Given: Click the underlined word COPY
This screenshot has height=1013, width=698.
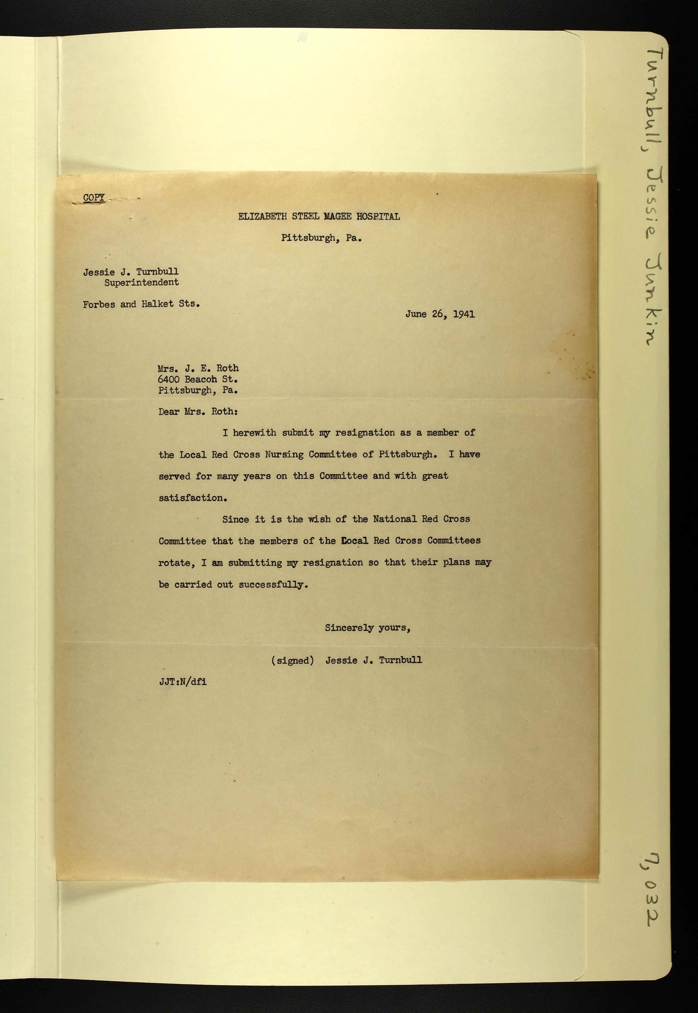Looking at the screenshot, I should pyautogui.click(x=94, y=198).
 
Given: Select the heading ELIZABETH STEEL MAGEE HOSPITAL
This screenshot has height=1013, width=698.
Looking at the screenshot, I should pyautogui.click(x=319, y=217).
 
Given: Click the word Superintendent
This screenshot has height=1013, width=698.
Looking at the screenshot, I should pyautogui.click(x=141, y=283).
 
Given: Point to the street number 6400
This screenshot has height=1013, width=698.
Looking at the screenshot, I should pyautogui.click(x=168, y=379).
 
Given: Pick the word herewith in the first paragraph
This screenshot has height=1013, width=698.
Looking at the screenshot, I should pyautogui.click(x=254, y=433).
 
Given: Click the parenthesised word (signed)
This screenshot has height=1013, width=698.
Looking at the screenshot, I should pyautogui.click(x=292, y=660).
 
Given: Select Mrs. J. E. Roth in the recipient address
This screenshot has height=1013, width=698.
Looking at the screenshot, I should pyautogui.click(x=198, y=368).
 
